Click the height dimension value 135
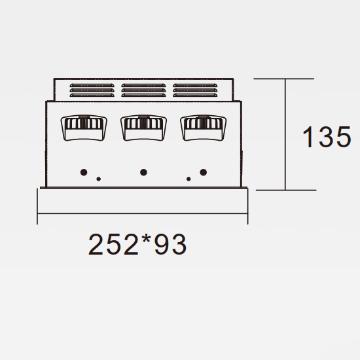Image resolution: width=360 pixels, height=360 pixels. tap(327, 137)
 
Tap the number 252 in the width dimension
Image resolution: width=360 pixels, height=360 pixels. tap(113, 244)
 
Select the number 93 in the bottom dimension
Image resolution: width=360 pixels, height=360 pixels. tap(170, 244)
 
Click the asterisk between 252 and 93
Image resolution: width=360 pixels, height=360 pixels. tap(146, 239)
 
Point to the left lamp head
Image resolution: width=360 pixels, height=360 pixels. tap(84, 128)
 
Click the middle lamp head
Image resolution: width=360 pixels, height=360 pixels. tap(143, 128)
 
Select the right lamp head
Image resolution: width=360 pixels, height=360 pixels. tap(203, 128)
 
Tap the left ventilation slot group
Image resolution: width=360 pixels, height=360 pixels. tap(92, 90)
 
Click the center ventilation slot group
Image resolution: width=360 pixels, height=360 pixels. tap(143, 90)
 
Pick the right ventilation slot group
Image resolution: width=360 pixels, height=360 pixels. tap(195, 90)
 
